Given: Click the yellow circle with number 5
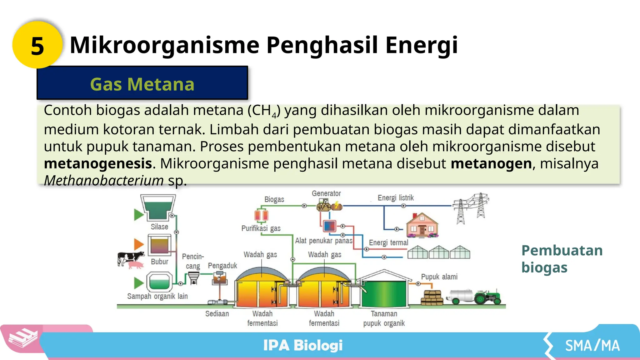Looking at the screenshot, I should click(x=37, y=45).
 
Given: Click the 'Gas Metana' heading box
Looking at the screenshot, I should click(x=142, y=83).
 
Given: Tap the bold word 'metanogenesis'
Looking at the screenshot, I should click(x=98, y=163).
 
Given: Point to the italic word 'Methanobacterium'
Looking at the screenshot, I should click(x=104, y=180).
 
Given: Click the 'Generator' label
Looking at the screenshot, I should click(x=326, y=193).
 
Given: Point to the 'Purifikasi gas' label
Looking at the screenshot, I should click(x=261, y=228).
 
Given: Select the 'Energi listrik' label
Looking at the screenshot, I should click(x=396, y=198).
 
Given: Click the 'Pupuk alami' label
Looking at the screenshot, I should click(x=439, y=277).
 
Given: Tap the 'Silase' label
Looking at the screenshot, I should click(x=159, y=227).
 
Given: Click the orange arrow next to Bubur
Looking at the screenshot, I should click(x=138, y=244).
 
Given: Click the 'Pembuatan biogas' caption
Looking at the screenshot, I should click(x=562, y=259).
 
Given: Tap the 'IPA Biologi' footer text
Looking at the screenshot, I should click(x=302, y=345).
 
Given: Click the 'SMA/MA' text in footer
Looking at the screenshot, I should click(x=592, y=346).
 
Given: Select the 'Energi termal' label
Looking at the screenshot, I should click(x=388, y=242).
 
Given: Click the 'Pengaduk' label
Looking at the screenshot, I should click(x=222, y=266).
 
